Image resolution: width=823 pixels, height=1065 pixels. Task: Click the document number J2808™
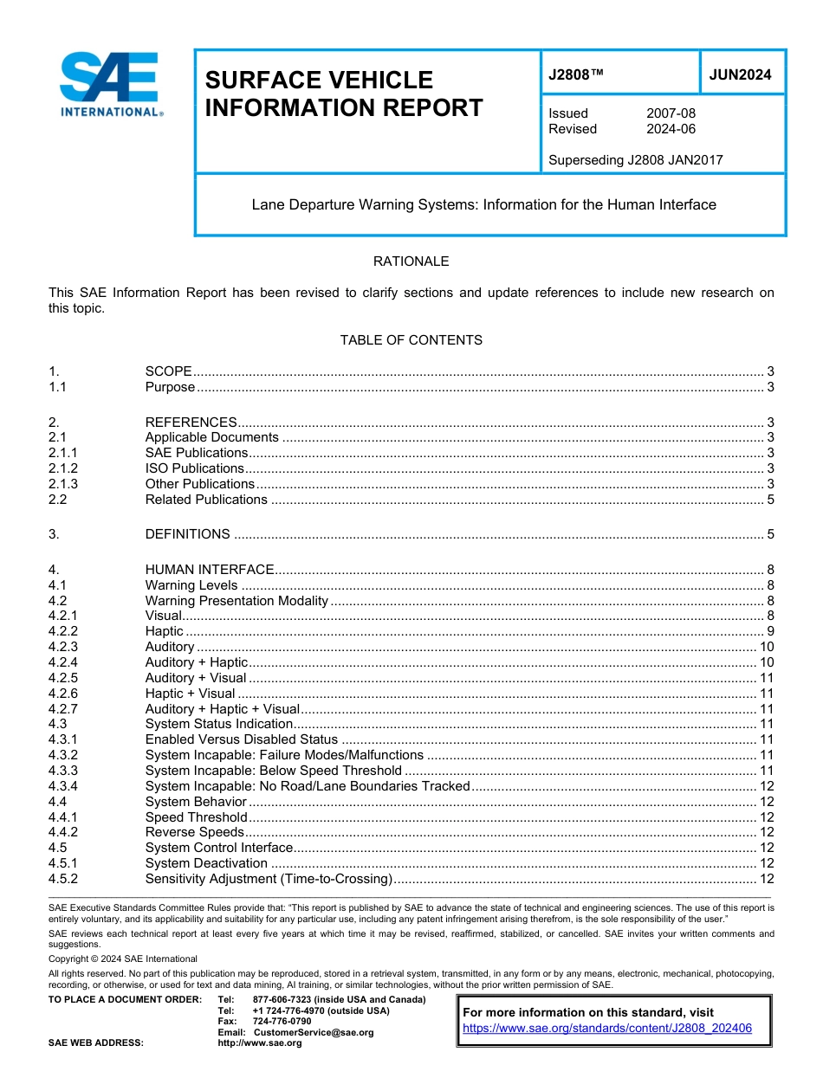575,75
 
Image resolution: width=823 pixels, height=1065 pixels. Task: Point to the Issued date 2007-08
671,113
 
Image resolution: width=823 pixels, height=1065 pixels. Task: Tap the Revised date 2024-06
671,129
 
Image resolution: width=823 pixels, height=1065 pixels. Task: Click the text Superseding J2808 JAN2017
635,159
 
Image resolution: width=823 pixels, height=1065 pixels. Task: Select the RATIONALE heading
411,261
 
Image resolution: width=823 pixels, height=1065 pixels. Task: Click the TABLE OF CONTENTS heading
411,340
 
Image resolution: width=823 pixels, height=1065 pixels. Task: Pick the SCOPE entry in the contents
168,371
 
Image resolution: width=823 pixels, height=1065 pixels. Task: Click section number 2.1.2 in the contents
63,468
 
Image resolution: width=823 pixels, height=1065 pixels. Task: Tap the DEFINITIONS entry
187,534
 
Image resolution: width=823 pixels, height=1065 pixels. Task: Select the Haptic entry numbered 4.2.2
164,631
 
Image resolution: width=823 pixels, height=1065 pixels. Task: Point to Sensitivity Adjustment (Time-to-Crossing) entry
269,879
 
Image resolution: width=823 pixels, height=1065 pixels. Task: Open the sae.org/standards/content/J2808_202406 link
606,1029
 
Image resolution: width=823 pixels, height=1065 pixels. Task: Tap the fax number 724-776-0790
282,1022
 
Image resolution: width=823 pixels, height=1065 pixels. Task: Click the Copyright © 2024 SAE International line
123,958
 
